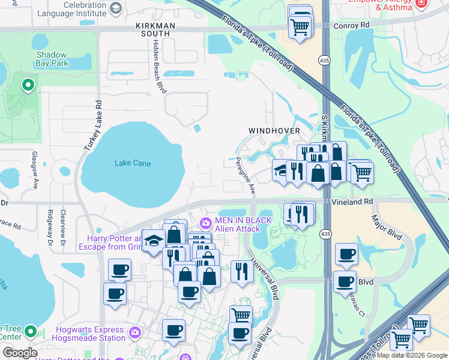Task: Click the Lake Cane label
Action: pos(133,163)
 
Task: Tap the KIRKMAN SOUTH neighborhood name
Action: pos(154,30)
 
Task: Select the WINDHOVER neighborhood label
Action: pos(274,130)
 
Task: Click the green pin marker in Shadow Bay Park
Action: pos(28,86)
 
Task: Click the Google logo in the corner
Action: pos(19,352)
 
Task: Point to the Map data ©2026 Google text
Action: pos(412,356)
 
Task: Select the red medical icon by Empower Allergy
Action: pos(421,4)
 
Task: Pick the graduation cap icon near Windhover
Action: pos(280,170)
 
